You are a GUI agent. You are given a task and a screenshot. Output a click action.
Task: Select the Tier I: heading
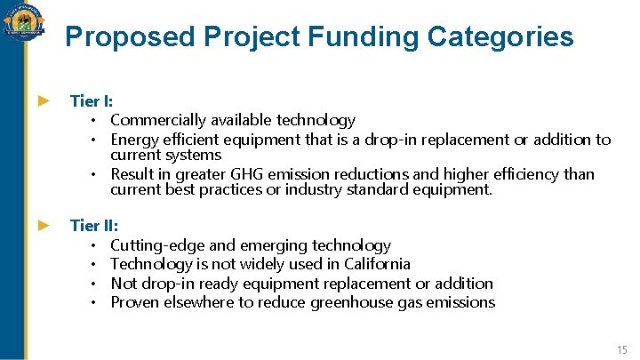[x=91, y=101]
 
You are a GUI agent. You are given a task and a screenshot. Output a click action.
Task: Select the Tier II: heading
[x=93, y=226]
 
